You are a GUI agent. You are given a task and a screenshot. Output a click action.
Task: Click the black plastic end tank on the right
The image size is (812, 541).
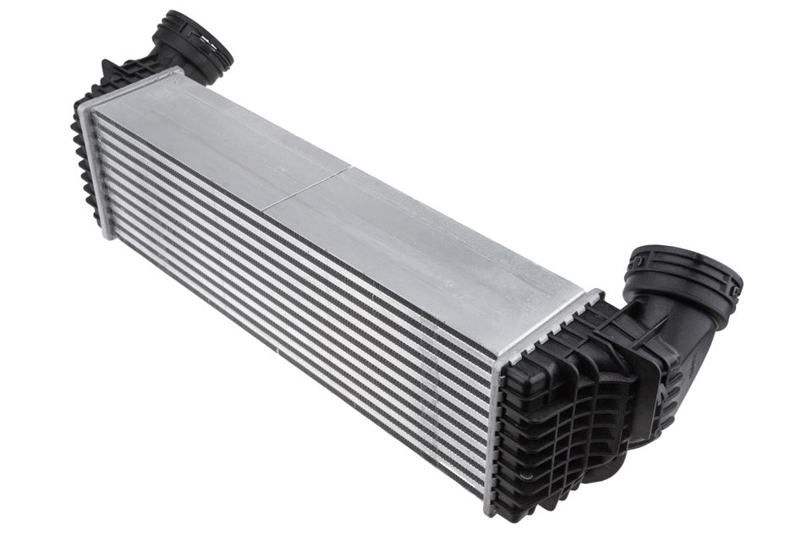click(x=558, y=423)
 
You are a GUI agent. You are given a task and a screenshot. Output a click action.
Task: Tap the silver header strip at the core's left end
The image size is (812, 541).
click(x=96, y=169)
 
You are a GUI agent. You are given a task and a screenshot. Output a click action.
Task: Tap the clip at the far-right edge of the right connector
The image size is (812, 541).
click(x=738, y=292)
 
